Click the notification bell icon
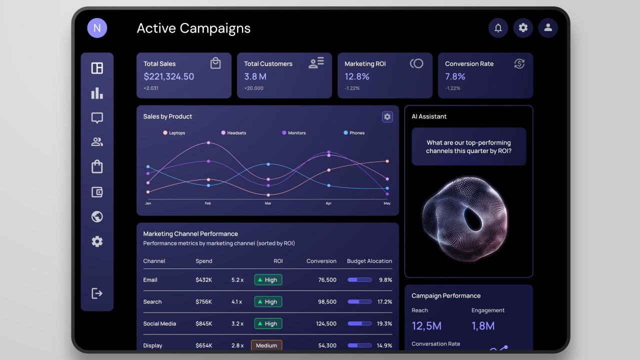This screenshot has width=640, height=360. click(498, 28)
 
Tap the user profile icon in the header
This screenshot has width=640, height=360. click(548, 28)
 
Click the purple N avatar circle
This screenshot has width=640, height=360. click(97, 28)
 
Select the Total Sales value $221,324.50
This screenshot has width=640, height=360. click(168, 76)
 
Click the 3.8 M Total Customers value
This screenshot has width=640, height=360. click(255, 76)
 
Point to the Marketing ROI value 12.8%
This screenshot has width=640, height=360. click(357, 76)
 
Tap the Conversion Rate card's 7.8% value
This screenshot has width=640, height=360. click(455, 76)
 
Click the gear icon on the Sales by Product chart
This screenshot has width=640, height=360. click(387, 116)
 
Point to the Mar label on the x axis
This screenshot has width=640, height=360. click(268, 203)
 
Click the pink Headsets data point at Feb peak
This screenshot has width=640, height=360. click(208, 142)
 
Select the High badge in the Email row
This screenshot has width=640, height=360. click(268, 280)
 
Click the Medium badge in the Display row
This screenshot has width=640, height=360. click(266, 345)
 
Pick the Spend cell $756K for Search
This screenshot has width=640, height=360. click(203, 302)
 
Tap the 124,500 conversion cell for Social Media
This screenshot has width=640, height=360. click(326, 324)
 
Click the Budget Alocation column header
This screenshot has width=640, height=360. click(369, 261)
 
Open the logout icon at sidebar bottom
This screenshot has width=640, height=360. click(97, 293)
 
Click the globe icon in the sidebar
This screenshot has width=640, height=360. click(97, 216)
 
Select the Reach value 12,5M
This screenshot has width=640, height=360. click(426, 326)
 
